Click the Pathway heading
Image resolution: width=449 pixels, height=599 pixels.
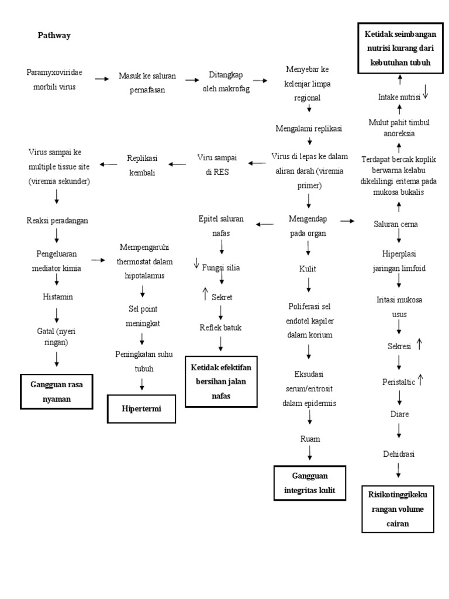pos(54,36)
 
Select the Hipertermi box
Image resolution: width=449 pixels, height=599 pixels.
pos(141,408)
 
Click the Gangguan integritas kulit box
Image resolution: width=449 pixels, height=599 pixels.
pos(310,483)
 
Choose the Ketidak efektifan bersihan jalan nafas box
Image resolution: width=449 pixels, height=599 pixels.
pos(221,382)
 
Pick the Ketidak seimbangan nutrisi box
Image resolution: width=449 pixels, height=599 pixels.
pos(399,48)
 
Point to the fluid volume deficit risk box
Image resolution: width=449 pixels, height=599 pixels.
pos(398,508)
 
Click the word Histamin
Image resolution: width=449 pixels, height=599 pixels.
pos(57,297)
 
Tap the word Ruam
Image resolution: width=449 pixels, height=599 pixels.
pos(310,438)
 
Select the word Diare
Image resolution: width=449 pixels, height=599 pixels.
pos(399,414)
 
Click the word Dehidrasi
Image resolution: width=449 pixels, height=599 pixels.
pos(399,453)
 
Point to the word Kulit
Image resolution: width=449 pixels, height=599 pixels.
pos(308,268)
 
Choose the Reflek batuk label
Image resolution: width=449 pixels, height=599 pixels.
pos(220,327)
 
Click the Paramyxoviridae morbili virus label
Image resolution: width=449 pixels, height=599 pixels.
pos(55,80)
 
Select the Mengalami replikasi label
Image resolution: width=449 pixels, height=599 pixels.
pos(309,128)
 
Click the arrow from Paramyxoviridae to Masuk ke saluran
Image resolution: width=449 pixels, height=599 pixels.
pos(102,78)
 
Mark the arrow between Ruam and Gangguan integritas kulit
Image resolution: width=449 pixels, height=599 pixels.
pos(310,454)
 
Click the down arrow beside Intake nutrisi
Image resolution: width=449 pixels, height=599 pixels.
pos(426,92)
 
